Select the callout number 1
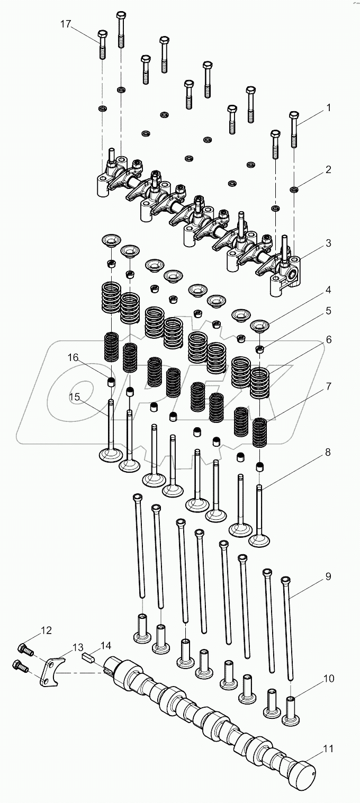click(x=328, y=108)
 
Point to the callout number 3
click(x=328, y=243)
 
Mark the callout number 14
click(x=106, y=645)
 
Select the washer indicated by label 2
click(x=293, y=189)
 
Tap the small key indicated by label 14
click(x=88, y=659)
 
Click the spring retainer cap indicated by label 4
click(x=259, y=325)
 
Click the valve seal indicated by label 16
click(x=111, y=382)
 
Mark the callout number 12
click(x=46, y=630)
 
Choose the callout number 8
click(x=328, y=452)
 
